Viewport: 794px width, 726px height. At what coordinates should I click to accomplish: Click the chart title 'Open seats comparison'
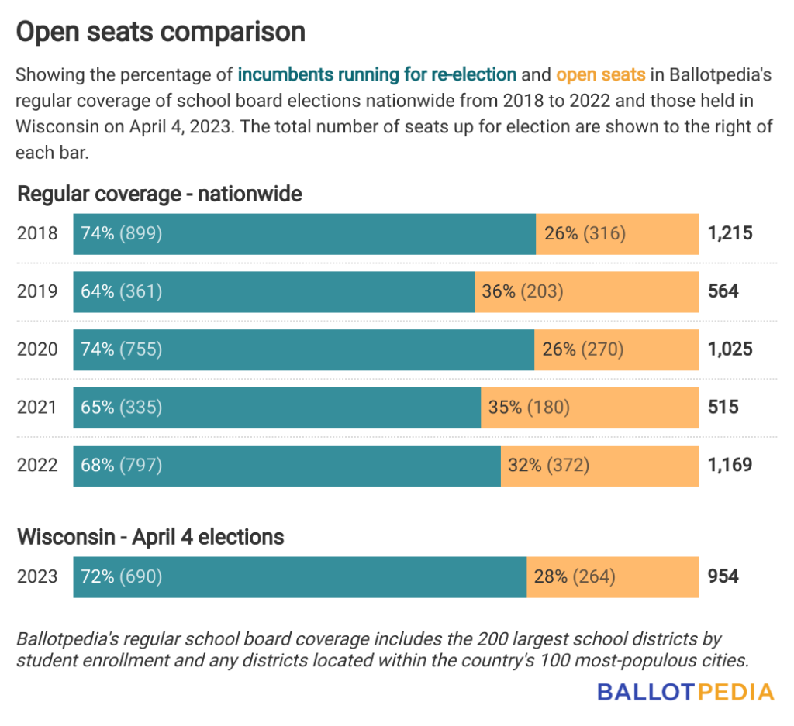click(x=161, y=32)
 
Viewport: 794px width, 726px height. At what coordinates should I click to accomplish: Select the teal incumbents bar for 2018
click(x=304, y=232)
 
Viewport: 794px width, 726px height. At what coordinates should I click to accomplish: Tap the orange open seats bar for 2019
click(x=587, y=291)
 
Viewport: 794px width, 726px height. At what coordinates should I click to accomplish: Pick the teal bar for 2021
click(x=277, y=407)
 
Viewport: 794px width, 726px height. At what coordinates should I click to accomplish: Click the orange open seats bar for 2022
click(x=599, y=465)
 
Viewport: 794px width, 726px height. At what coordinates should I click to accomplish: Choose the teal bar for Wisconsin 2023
click(x=300, y=576)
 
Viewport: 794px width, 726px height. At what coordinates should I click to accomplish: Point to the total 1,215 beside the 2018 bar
click(x=730, y=232)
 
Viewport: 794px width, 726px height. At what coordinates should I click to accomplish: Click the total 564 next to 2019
click(x=723, y=291)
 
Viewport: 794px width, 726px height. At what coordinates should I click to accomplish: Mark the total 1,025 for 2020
click(x=730, y=349)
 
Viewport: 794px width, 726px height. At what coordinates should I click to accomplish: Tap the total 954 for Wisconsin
click(x=723, y=576)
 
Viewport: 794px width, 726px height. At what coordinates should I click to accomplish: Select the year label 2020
click(x=37, y=349)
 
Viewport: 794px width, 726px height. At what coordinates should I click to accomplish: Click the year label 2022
click(x=37, y=465)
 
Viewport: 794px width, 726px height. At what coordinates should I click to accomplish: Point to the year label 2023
click(x=37, y=576)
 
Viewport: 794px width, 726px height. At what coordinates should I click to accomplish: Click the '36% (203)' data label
click(x=523, y=291)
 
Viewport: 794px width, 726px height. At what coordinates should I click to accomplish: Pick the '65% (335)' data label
click(x=122, y=407)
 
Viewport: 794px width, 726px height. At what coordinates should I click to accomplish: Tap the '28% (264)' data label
click(x=575, y=576)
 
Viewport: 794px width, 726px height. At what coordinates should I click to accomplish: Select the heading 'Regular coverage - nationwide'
click(x=160, y=194)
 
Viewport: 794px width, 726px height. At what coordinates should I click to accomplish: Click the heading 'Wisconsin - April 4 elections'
click(x=150, y=536)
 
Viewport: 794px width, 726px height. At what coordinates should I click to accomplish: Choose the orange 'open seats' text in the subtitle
click(x=601, y=75)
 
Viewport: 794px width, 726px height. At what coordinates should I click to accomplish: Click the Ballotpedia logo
click(x=685, y=692)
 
